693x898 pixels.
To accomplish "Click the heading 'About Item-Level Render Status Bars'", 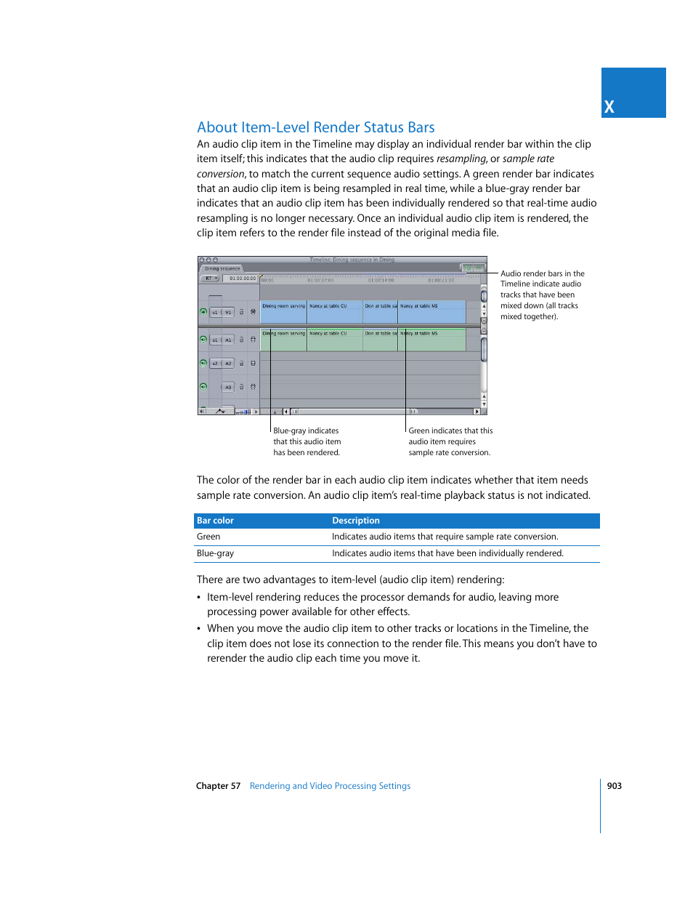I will tap(315, 127).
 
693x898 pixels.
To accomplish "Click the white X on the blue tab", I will tap(609, 107).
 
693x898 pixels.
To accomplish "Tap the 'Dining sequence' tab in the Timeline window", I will tap(222, 268).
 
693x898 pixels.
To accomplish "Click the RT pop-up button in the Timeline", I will tap(210, 278).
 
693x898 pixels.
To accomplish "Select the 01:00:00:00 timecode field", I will tap(242, 278).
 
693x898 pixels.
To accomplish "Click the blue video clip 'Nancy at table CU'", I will tap(334, 311).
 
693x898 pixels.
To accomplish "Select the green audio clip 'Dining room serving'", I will tap(283, 340).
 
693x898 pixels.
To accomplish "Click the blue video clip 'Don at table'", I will tap(380, 311).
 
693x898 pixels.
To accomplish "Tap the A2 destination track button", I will tap(228, 364).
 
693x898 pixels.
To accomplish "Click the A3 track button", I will tap(228, 387).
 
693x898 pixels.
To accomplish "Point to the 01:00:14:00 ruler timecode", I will tap(381, 280).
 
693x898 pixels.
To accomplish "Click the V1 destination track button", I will tap(228, 313).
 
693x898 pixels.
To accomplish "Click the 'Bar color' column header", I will tap(215, 521).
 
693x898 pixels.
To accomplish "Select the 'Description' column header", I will tap(356, 521).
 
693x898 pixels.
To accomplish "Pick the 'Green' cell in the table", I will tap(208, 537).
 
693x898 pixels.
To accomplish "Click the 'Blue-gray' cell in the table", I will tap(215, 553).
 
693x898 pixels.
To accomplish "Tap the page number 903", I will tap(614, 786).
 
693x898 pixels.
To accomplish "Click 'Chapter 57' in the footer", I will tap(218, 786).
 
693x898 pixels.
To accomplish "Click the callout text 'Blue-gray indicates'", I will tap(306, 431).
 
